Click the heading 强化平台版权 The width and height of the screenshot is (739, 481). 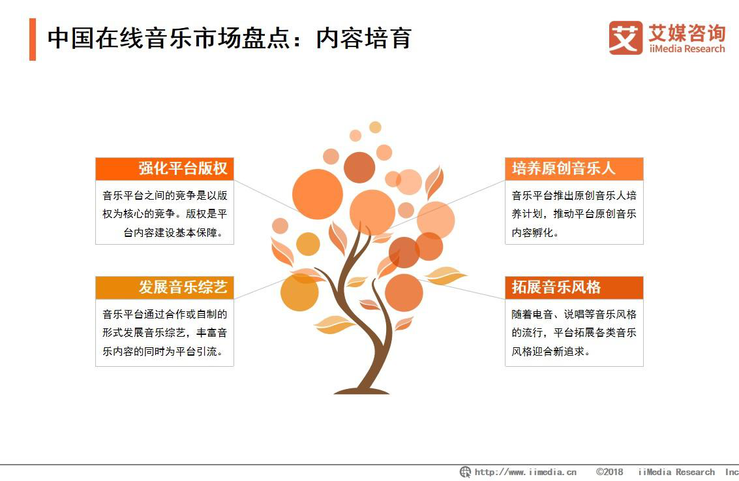[183, 168]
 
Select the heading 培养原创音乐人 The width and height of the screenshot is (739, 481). [564, 168]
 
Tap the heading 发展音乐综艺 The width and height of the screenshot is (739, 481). [183, 287]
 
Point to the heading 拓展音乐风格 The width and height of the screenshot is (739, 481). [556, 287]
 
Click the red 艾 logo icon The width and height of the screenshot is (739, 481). [626, 38]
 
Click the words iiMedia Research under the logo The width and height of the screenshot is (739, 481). [687, 49]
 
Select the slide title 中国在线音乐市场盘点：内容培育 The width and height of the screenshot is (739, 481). [230, 39]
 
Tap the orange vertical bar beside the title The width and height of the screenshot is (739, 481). [33, 39]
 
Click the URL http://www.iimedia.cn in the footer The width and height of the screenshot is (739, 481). [526, 472]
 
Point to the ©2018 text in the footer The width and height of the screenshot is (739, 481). [609, 472]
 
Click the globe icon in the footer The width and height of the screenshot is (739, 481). [465, 472]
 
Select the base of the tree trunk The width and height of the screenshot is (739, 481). [361, 390]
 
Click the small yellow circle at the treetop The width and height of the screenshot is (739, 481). [375, 127]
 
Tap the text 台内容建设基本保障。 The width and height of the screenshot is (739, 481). [173, 232]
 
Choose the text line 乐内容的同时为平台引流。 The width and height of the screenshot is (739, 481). [162, 351]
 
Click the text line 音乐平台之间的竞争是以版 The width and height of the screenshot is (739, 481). [165, 195]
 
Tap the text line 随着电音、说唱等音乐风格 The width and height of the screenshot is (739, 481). [574, 314]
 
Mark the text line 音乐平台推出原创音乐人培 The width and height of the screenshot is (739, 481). [574, 195]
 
